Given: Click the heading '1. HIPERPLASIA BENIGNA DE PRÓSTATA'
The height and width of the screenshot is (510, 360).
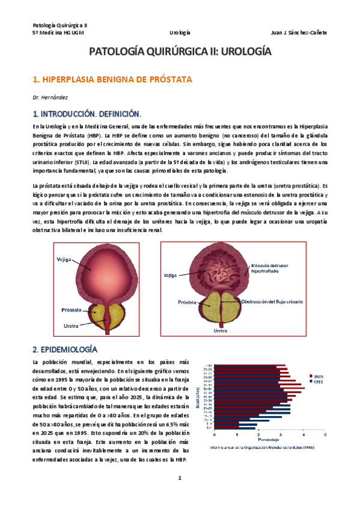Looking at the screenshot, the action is click(112, 79).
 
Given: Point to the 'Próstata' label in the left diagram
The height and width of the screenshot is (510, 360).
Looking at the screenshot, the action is click(71, 310).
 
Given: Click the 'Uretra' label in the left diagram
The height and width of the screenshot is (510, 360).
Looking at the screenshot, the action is click(71, 325).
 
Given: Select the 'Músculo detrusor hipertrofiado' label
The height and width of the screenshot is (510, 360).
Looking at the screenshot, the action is click(268, 267).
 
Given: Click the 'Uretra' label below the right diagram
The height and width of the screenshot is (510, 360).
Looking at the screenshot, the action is click(221, 330).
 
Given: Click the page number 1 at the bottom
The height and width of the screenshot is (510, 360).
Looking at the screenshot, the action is click(179, 478).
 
